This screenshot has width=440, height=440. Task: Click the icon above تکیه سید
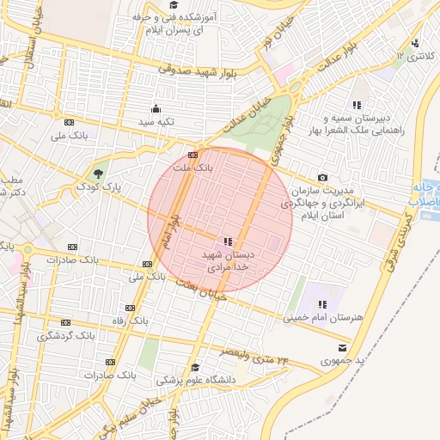coord(156,108)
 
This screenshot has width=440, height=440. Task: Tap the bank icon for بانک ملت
coord(192,156)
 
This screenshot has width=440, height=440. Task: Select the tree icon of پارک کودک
coord(100,173)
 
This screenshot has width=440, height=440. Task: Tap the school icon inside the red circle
coord(227,243)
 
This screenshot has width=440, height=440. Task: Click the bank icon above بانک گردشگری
coord(65,322)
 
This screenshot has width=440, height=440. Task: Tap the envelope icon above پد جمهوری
coord(343,348)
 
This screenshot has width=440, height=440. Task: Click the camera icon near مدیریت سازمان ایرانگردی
coord(322,177)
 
